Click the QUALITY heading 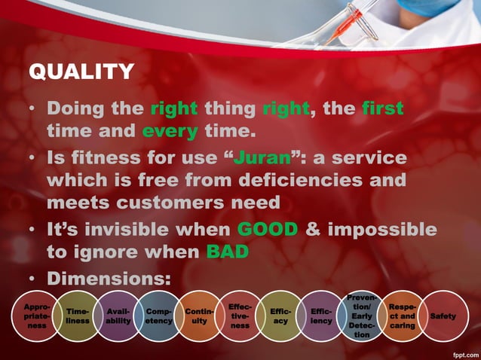[81, 72]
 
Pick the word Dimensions [109, 279]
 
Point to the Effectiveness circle [240, 316]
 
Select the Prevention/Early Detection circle [362, 316]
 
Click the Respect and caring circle [403, 316]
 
